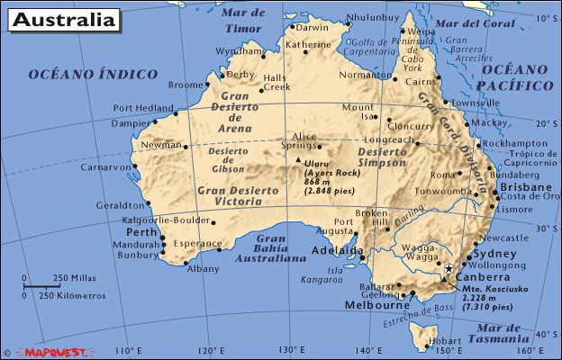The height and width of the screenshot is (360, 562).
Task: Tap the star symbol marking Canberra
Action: point(449,268)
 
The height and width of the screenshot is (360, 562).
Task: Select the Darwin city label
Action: point(313,27)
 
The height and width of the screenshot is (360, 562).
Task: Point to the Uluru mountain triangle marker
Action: point(298,160)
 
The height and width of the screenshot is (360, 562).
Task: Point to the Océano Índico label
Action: point(92,74)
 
